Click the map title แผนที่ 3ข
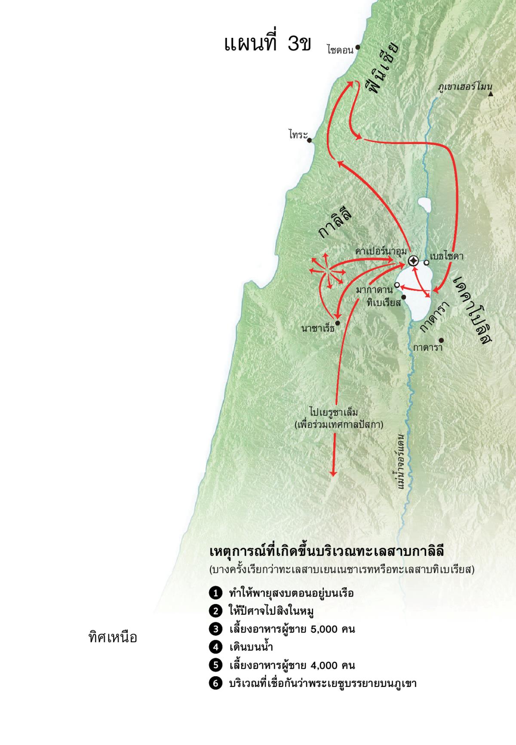[267, 44]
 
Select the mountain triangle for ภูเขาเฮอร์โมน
[491, 94]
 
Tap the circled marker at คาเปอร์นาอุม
[413, 261]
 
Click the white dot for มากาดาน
[397, 285]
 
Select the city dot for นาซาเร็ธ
[338, 323]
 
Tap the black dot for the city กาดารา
[441, 340]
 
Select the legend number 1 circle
[215, 593]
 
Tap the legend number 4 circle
[215, 647]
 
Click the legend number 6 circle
[215, 683]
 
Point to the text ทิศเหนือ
[113, 637]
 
